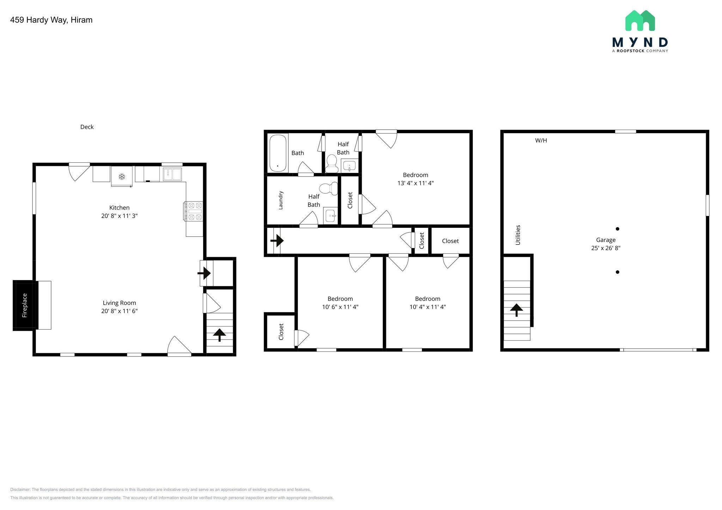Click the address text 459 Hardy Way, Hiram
click(x=51, y=20)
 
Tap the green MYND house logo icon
click(x=640, y=21)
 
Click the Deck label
click(x=87, y=127)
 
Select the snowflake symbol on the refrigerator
click(x=122, y=176)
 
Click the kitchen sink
click(x=172, y=174)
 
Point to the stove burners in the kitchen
click(x=193, y=211)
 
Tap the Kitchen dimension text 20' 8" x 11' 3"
click(x=119, y=216)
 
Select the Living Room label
click(x=119, y=303)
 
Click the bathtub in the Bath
click(x=278, y=153)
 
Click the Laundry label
click(x=281, y=200)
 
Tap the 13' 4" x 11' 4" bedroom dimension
click(x=415, y=183)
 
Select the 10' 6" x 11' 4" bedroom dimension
click(x=340, y=307)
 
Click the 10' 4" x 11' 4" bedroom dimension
click(x=427, y=307)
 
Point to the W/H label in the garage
click(x=541, y=141)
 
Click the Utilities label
click(x=518, y=235)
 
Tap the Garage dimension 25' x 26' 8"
click(x=605, y=248)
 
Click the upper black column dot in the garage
click(x=617, y=229)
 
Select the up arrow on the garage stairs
click(x=516, y=310)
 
